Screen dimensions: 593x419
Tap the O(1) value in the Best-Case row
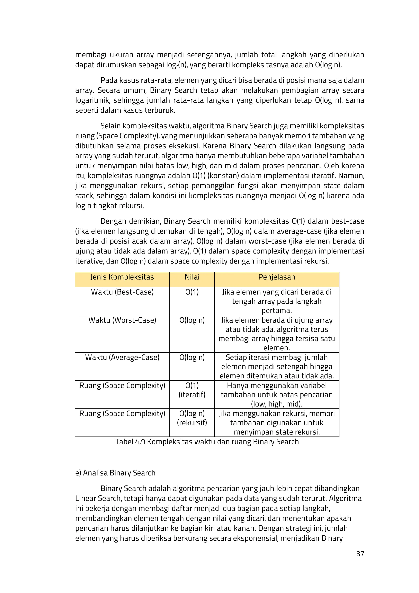[x=192, y=292]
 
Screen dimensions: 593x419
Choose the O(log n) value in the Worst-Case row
[x=192, y=320]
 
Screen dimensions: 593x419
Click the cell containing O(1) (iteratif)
[x=192, y=390]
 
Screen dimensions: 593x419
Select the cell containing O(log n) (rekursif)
[x=192, y=418]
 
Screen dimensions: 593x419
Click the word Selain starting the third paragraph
[x=110, y=126]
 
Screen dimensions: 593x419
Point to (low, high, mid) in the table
[x=277, y=404]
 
